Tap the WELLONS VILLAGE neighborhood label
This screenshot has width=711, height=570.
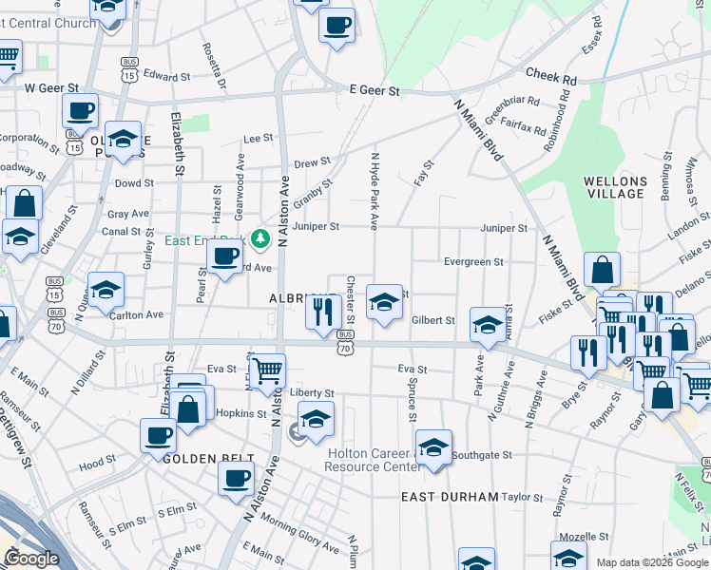tap(616, 187)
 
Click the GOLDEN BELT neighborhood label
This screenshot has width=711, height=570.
tap(199, 458)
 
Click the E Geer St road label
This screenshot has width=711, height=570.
tap(375, 91)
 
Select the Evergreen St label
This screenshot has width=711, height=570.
tap(473, 261)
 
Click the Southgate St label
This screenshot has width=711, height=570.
tap(482, 455)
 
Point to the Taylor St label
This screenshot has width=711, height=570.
tap(522, 497)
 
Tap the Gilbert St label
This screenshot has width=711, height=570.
tap(433, 321)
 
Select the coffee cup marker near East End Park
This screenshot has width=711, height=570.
tap(224, 256)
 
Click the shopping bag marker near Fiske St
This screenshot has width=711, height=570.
tap(603, 269)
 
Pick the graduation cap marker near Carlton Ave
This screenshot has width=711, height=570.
tap(106, 288)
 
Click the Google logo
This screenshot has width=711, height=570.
tap(31, 560)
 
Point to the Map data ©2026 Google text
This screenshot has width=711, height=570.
tap(652, 562)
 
